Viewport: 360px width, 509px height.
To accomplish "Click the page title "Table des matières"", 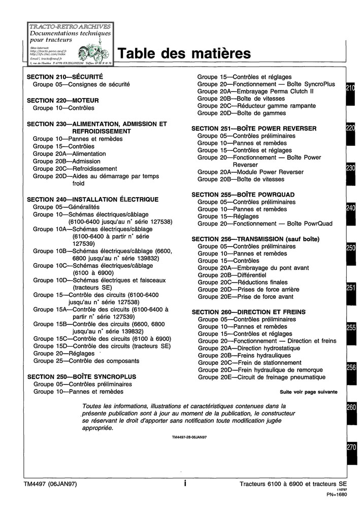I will tap(184, 54).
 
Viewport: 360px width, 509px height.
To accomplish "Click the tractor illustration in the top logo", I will tap(93, 52).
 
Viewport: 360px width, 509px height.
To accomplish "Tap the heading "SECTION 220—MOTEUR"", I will tap(62, 101).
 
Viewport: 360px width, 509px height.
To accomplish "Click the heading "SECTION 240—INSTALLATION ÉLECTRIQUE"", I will tap(92, 199).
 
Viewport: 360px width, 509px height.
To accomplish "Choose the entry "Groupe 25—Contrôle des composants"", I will tap(86, 361).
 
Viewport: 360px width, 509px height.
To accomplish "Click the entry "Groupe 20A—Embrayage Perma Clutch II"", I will tap(255, 91).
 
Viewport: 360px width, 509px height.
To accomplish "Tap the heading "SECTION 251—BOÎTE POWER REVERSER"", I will tap(254, 129).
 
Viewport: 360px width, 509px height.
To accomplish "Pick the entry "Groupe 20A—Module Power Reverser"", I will tap(250, 172).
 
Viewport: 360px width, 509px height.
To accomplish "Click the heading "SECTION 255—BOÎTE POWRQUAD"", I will tap(243, 195).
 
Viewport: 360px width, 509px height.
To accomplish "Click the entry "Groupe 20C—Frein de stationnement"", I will tap(249, 363).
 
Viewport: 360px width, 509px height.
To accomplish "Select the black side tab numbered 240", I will tap(351, 208).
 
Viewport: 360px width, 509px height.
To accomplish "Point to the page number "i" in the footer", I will tap(185, 484).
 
